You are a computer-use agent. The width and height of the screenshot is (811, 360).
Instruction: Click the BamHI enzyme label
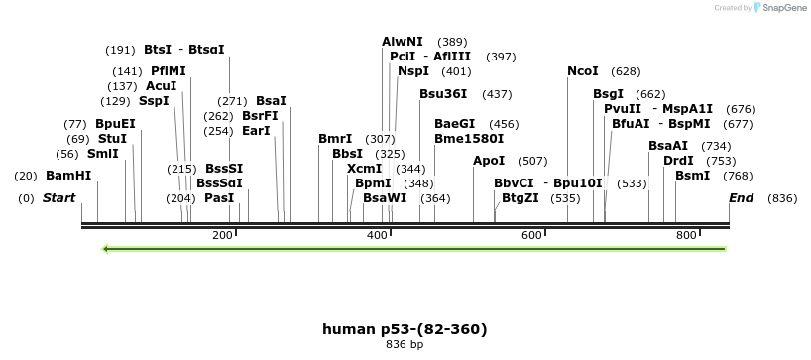pos(68,176)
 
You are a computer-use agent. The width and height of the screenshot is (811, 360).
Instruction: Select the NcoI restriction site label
pos(583,71)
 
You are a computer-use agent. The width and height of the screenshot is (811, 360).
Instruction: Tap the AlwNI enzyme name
pos(403,42)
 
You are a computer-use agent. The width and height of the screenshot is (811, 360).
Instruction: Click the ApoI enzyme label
pos(489,161)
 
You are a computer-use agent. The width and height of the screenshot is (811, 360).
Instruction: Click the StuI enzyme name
pos(112,139)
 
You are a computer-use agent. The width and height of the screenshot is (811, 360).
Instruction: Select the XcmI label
pos(364,169)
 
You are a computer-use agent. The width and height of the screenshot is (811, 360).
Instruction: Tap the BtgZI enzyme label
pos(521,198)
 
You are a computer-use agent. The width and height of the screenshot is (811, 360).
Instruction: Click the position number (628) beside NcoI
pos(626,71)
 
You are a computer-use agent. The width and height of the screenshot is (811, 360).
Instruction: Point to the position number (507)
pos(532,161)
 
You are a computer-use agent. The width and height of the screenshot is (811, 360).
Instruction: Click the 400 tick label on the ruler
pos(378,235)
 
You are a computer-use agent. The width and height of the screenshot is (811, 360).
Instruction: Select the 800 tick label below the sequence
pos(686,235)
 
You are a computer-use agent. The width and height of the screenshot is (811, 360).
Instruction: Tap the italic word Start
pos(58,198)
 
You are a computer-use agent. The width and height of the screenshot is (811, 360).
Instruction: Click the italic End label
pos(741,198)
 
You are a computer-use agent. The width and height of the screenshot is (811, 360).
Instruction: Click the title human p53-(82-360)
pos(405,329)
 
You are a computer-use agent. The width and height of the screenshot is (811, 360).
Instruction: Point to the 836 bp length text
pos(405,345)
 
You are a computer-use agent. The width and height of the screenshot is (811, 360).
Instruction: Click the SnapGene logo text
pos(782,8)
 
